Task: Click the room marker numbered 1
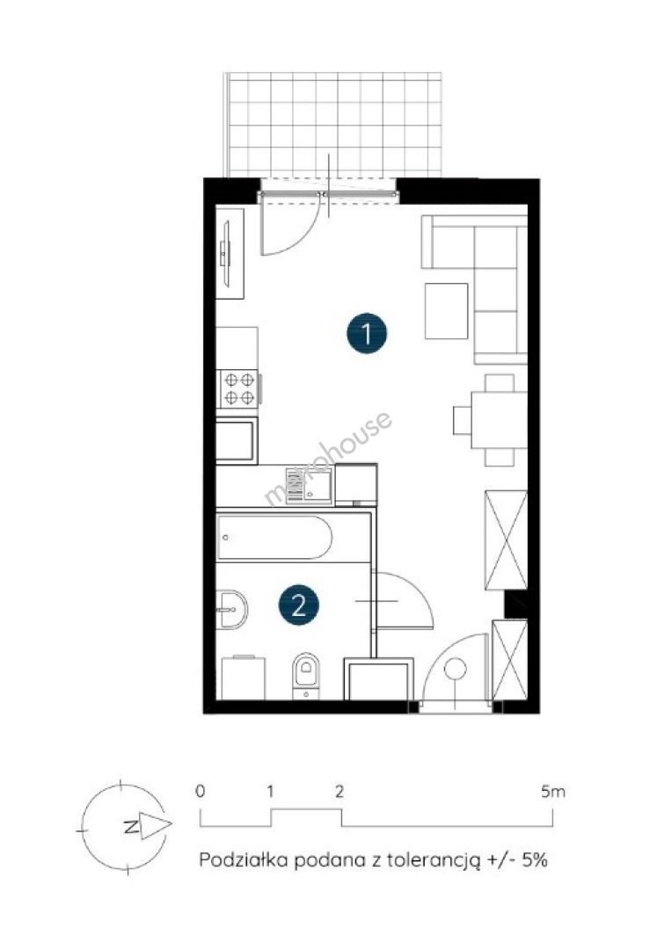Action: pos(367,332)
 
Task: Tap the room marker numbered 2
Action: pos(299,605)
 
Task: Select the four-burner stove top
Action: pos(238,388)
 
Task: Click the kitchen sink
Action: pos(310,485)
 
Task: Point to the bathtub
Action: pos(275,538)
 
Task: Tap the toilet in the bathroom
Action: pos(307,676)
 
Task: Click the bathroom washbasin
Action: pos(232,609)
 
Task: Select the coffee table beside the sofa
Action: pos(447,310)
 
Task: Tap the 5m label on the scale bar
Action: pos(553,791)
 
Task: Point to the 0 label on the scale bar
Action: pos(201,791)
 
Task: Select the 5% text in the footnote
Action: pos(536,860)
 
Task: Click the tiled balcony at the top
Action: pos(332,125)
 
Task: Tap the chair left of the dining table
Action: pos(463,420)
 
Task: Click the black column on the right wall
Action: pos(516,604)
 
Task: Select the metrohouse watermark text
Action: pos(328,459)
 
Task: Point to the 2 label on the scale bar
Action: pos(339,791)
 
